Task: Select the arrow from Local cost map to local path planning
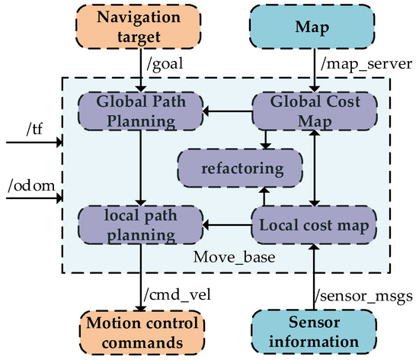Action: (x=227, y=226)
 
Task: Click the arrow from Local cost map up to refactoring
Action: (x=264, y=196)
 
